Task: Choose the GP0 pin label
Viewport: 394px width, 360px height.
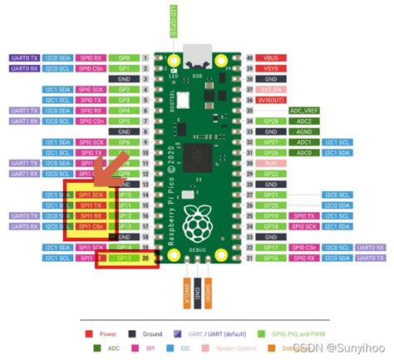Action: point(124,59)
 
